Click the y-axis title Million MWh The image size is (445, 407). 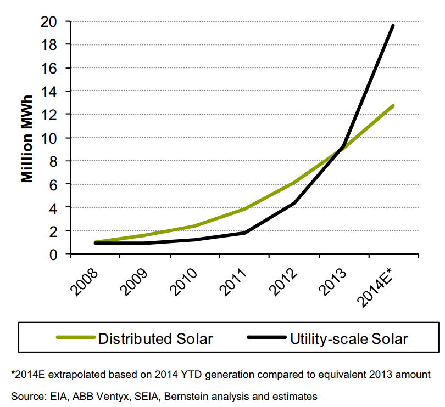(x=28, y=139)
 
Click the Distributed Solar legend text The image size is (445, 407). (x=155, y=338)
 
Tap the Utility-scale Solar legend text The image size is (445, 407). (x=349, y=338)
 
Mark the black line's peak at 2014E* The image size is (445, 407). (x=393, y=26)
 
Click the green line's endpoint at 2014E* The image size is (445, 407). (x=393, y=105)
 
